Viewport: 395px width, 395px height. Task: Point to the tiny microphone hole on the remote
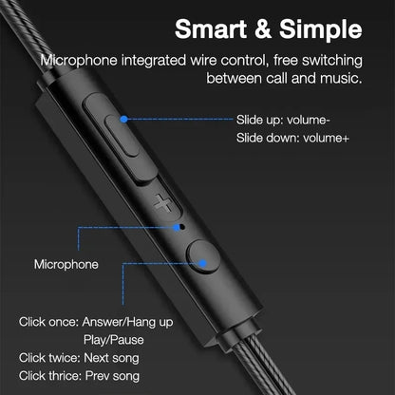(180, 228)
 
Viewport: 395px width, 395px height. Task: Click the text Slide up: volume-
(283, 122)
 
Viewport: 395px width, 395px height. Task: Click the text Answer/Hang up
(132, 321)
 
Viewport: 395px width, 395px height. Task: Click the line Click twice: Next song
(80, 358)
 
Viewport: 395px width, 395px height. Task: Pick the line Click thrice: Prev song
(81, 376)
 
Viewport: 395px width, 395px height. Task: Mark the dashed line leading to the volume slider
(180, 119)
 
